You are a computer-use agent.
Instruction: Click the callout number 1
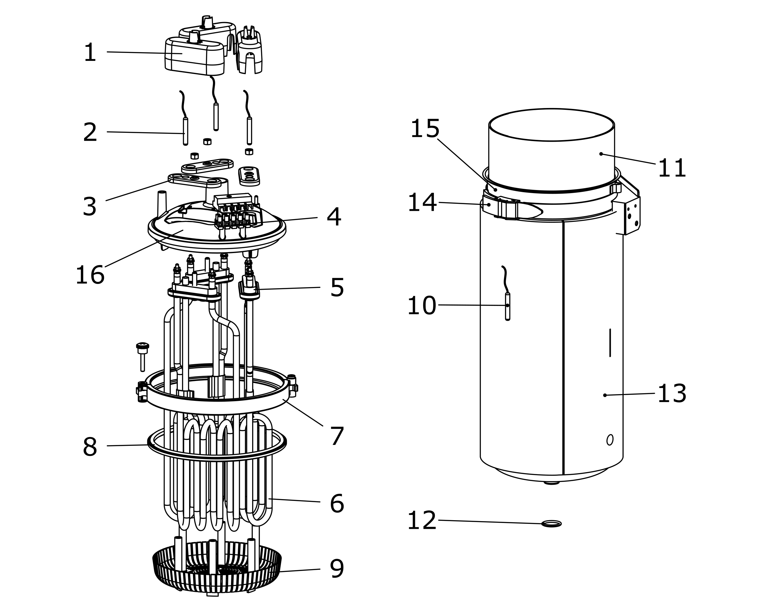point(90,53)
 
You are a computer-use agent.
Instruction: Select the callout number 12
point(422,521)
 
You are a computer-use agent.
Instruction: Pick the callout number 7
point(337,436)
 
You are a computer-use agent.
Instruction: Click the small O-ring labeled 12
point(551,524)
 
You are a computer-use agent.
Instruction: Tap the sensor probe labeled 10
point(507,306)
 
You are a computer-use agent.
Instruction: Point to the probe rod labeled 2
point(185,131)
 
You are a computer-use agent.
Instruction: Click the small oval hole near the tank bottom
point(610,440)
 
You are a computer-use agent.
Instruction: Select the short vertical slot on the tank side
point(610,343)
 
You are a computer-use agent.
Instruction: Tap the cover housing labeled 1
point(194,57)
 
